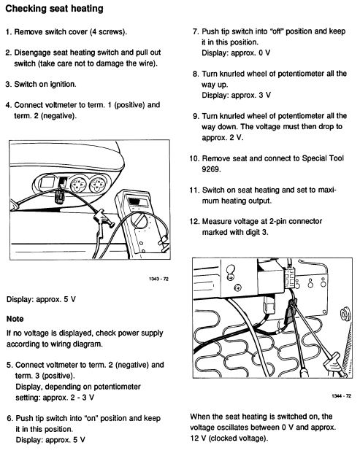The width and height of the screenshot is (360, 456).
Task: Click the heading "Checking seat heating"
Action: click(x=55, y=9)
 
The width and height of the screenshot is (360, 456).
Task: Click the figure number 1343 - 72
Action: click(x=158, y=279)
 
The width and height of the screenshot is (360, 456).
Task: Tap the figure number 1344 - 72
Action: click(x=341, y=395)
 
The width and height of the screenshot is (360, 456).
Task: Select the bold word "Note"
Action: click(x=15, y=319)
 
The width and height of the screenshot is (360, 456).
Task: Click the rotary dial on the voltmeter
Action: click(x=139, y=221)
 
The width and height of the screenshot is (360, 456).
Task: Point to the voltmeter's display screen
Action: click(x=135, y=201)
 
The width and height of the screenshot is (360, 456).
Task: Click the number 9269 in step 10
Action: click(x=211, y=169)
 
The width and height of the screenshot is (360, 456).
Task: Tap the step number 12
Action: click(x=194, y=221)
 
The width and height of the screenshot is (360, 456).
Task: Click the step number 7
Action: click(x=196, y=31)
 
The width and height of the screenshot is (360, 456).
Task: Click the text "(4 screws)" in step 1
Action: click(x=108, y=31)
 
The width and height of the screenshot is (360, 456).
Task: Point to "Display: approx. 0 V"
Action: click(x=236, y=53)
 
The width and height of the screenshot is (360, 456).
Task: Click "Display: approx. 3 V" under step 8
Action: click(x=237, y=95)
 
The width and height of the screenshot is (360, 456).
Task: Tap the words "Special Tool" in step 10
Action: click(x=323, y=158)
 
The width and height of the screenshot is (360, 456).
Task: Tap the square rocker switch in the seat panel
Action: click(x=46, y=182)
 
